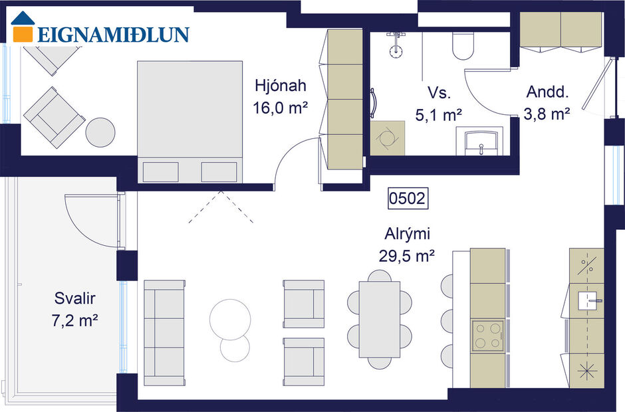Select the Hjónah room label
pyautogui.click(x=280, y=86)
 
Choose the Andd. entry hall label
pyautogui.click(x=546, y=92)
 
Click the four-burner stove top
pyautogui.click(x=487, y=336)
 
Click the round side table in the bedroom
pyautogui.click(x=100, y=132)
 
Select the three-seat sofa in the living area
pyautogui.click(x=164, y=332)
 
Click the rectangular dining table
pyautogui.click(x=379, y=320)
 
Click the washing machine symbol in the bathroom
pyautogui.click(x=387, y=138)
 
